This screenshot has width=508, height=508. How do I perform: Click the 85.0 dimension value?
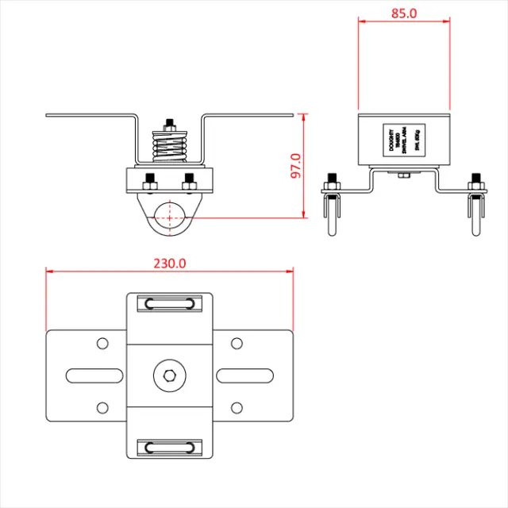(x=403, y=13)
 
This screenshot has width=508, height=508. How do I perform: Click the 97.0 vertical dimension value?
(x=296, y=166)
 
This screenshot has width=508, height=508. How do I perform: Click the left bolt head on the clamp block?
(x=148, y=181)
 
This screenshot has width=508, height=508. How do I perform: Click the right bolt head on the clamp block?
(x=189, y=181)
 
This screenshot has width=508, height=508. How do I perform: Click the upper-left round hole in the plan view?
(x=102, y=343)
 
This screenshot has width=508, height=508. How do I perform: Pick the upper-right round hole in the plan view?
(x=236, y=343)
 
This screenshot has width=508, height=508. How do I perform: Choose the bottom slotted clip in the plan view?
(x=168, y=446)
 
